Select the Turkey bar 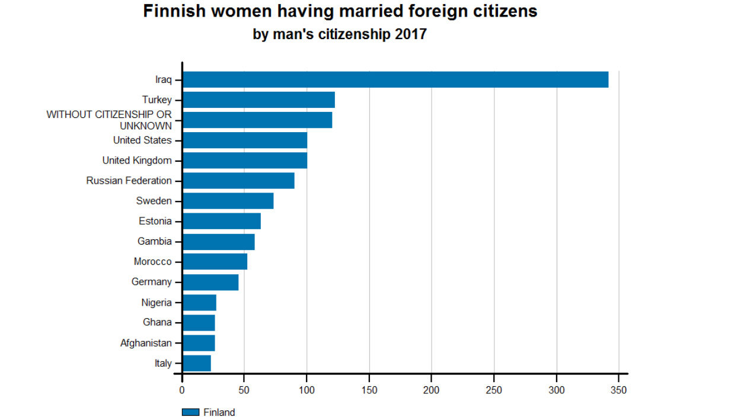[258, 100]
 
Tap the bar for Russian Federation [238, 181]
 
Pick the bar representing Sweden [228, 201]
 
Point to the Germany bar [210, 282]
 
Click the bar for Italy [197, 363]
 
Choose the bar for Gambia [219, 242]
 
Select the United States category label [142, 140]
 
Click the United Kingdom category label [137, 161]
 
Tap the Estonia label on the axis [155, 222]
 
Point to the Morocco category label [152, 262]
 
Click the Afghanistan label [146, 343]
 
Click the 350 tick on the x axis [619, 390]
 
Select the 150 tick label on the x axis [369, 390]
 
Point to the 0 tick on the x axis [182, 390]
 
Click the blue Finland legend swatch [190, 412]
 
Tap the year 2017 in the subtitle [409, 34]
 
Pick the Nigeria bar [199, 303]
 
